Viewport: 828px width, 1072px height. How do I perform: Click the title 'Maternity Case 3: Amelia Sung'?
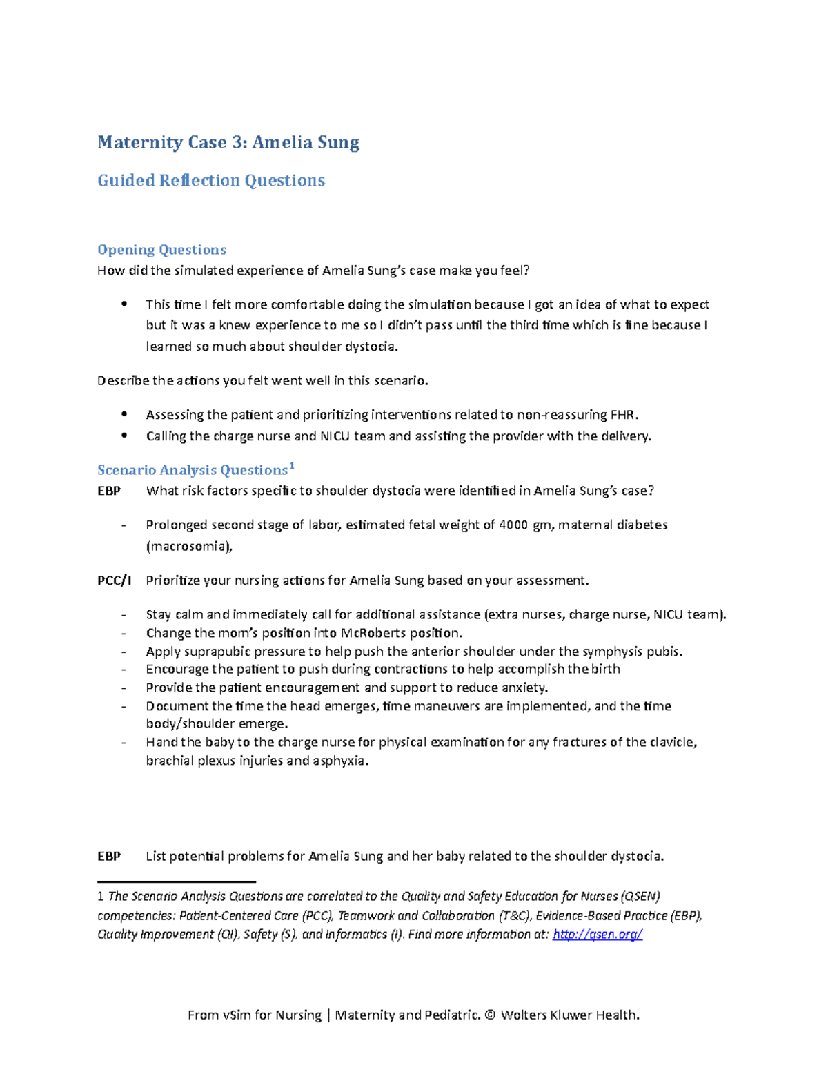pyautogui.click(x=228, y=143)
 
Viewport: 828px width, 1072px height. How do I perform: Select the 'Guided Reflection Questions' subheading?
pyautogui.click(x=211, y=181)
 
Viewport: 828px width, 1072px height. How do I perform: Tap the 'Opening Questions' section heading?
pyautogui.click(x=161, y=250)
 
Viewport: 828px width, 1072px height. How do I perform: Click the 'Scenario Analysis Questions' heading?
pyautogui.click(x=192, y=470)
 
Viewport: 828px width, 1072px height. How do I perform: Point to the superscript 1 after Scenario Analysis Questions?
pyautogui.click(x=292, y=466)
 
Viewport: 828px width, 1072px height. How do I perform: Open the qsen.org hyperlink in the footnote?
pyautogui.click(x=598, y=934)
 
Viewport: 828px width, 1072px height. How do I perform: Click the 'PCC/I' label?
pyautogui.click(x=114, y=581)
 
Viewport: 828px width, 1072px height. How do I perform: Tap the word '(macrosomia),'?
pyautogui.click(x=189, y=546)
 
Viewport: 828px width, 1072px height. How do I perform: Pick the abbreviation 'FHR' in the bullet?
pyautogui.click(x=622, y=415)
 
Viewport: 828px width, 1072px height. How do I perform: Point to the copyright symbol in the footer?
pyautogui.click(x=490, y=1015)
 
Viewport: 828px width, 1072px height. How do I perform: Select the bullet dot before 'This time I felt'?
pyautogui.click(x=124, y=304)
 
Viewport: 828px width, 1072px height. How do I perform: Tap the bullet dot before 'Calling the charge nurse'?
pyautogui.click(x=124, y=436)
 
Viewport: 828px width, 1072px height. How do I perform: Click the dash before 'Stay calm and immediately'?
pyautogui.click(x=124, y=615)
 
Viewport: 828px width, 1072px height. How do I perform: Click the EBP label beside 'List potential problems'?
pyautogui.click(x=109, y=857)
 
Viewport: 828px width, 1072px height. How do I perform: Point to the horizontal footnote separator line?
pyautogui.click(x=177, y=881)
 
